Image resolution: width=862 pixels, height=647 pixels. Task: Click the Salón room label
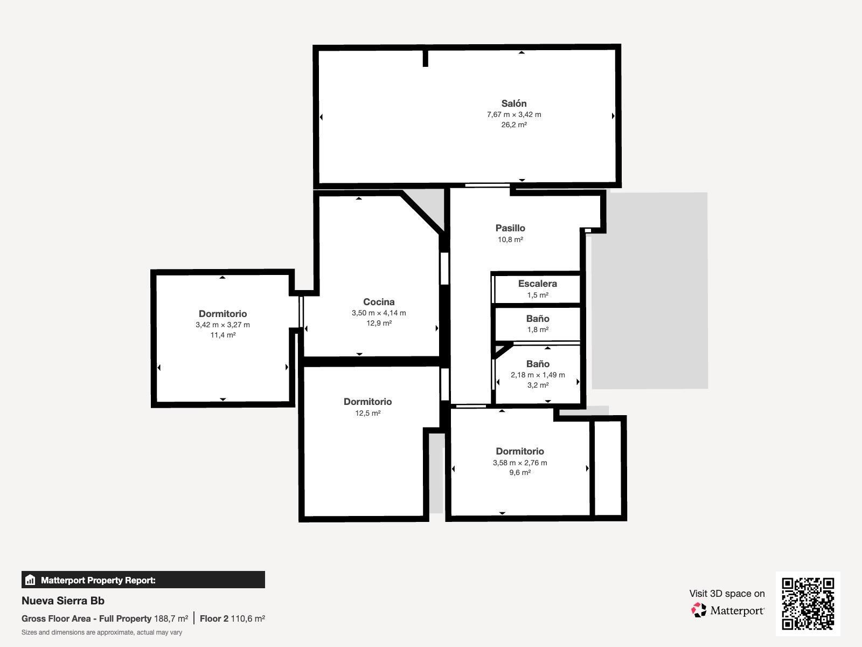(x=513, y=104)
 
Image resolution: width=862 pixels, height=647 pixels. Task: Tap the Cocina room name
(x=379, y=302)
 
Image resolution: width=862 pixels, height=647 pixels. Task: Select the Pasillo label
(x=510, y=228)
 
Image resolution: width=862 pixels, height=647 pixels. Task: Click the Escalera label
(x=537, y=283)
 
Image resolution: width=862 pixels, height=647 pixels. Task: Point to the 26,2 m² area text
(x=513, y=125)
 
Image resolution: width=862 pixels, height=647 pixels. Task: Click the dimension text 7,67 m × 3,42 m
(x=513, y=114)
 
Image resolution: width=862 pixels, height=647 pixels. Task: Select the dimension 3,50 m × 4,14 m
(x=379, y=313)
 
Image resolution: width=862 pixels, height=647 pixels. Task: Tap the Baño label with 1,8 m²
(x=538, y=318)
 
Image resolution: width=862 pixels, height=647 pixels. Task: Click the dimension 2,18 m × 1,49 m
(x=538, y=375)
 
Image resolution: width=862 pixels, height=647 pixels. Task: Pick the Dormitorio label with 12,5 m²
(x=367, y=402)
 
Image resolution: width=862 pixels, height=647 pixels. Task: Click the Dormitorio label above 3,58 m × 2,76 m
(x=519, y=451)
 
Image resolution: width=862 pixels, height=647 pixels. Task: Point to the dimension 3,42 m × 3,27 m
(x=223, y=325)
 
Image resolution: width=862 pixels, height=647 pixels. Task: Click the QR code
(x=808, y=604)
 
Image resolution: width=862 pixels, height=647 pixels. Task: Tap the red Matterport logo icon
(x=699, y=610)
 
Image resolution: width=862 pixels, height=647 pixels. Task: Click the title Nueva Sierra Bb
(x=63, y=601)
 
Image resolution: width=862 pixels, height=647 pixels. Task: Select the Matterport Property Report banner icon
(x=30, y=580)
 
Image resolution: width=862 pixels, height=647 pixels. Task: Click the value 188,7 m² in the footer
(x=171, y=618)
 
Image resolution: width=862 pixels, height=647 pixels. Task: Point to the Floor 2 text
(x=214, y=618)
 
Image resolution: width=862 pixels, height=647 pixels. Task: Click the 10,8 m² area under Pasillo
(x=510, y=239)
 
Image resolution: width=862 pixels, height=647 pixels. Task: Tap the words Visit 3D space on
(x=727, y=594)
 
